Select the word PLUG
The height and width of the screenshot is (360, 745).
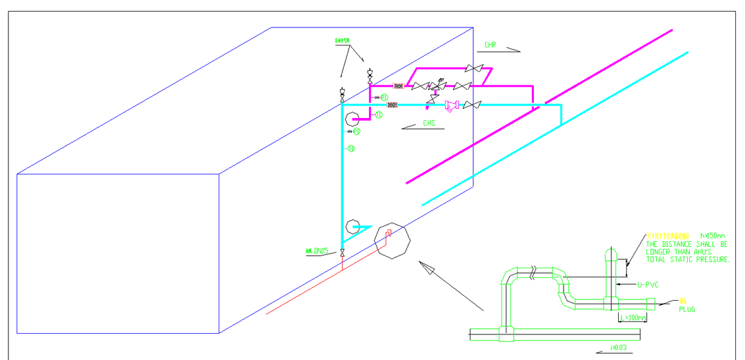pyautogui.click(x=687, y=310)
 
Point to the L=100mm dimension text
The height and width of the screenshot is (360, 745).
pyautogui.click(x=633, y=318)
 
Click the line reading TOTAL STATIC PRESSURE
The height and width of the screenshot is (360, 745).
pyautogui.click(x=687, y=260)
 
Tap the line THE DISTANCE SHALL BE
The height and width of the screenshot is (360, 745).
pyautogui.click(x=687, y=244)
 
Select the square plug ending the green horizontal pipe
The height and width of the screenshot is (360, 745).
pyautogui.click(x=652, y=303)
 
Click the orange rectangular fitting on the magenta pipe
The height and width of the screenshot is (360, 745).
pyautogui.click(x=399, y=86)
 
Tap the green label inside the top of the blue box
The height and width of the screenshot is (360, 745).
pyautogui.click(x=342, y=41)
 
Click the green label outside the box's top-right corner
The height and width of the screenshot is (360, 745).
pyautogui.click(x=490, y=45)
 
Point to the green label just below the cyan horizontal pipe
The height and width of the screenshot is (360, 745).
pyautogui.click(x=429, y=123)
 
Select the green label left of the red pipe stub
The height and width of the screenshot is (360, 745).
pyautogui.click(x=317, y=250)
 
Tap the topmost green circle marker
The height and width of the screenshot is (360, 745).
pyautogui.click(x=384, y=97)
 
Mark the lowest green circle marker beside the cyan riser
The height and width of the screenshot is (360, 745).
pyautogui.click(x=351, y=148)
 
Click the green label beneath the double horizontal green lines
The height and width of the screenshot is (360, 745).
pyautogui.click(x=618, y=347)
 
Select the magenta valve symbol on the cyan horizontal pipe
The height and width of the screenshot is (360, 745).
pyautogui.click(x=452, y=106)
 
